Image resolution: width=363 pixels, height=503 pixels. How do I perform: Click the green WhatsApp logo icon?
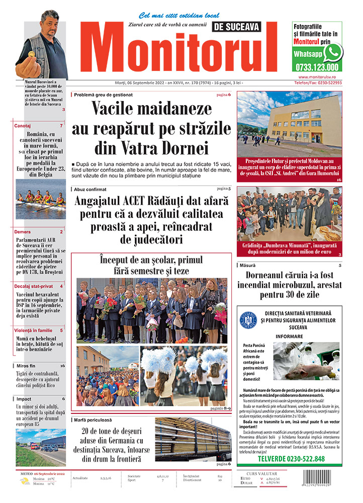coord(333,52)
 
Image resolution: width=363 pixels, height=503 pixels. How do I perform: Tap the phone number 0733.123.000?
coord(317,67)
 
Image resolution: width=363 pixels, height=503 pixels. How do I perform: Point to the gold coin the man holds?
coord(31,53)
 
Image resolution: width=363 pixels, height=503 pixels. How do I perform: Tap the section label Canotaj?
coord(23,126)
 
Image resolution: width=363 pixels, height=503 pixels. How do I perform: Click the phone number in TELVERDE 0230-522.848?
coord(312,459)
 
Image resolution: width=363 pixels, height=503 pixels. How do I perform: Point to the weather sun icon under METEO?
coord(25,482)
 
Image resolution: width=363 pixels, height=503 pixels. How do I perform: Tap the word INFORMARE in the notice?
coord(289,336)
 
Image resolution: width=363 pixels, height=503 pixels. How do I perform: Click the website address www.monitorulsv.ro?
coord(317,77)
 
